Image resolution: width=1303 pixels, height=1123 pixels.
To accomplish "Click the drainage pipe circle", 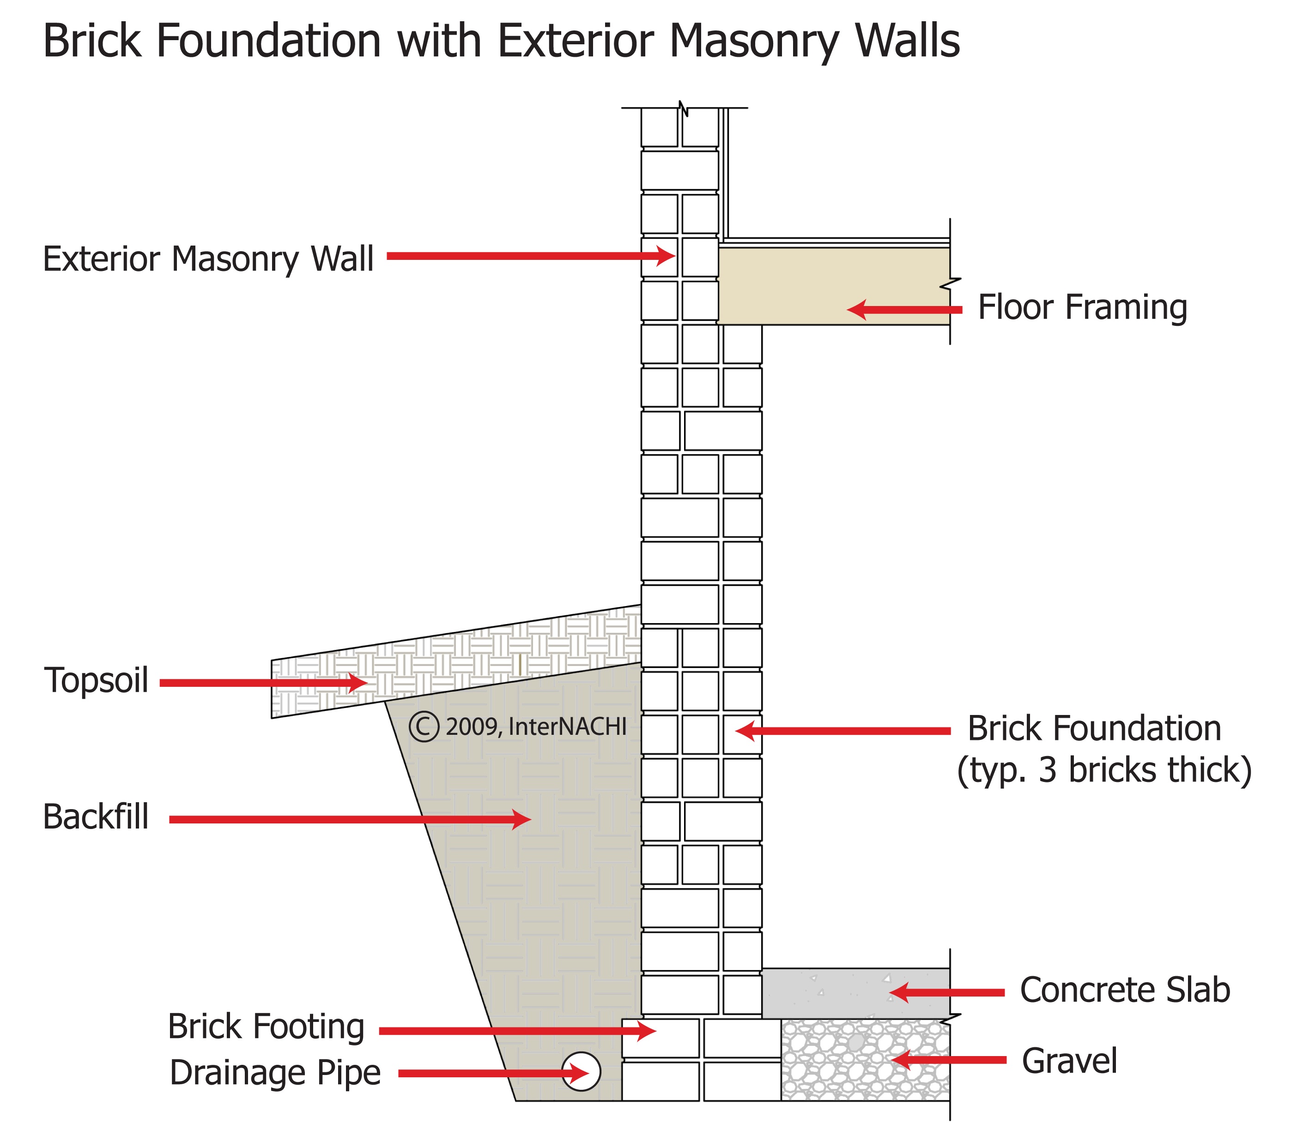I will click(581, 1071).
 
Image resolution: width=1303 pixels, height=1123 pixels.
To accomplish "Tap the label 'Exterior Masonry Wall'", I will click(208, 259).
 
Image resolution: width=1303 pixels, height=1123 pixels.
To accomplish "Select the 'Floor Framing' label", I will click(1082, 307).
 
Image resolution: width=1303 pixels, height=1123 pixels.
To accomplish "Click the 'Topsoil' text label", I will click(96, 681).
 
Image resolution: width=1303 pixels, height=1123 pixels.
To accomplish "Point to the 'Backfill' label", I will click(96, 817).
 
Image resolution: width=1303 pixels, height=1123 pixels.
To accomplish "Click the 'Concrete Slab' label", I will click(1124, 991).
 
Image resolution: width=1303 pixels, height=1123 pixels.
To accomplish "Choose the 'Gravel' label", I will click(1069, 1061).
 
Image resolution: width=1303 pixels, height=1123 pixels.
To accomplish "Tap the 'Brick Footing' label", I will click(266, 1027).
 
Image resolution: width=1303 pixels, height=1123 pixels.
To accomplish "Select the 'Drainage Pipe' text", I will click(275, 1073).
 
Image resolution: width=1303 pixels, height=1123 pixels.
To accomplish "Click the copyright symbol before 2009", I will click(423, 727).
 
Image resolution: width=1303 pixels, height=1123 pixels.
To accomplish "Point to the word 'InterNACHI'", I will click(567, 727).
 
